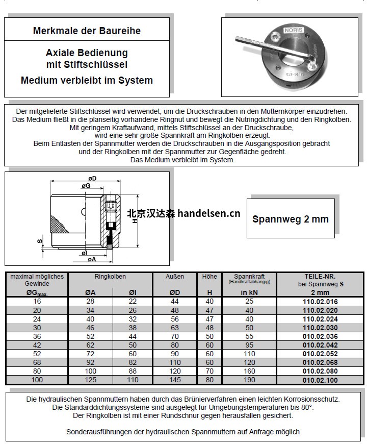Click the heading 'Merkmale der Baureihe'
[x=87, y=31]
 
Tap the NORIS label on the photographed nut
[x=294, y=31]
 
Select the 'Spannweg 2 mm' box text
[x=291, y=219]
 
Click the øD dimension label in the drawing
[x=93, y=178]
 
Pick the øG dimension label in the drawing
[x=86, y=187]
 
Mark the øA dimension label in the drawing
[x=92, y=259]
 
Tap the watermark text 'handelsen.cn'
[x=209, y=213]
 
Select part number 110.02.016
[x=320, y=302]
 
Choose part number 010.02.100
[x=320, y=380]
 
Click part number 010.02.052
[x=320, y=354]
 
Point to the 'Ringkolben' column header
[x=110, y=277]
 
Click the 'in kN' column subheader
[x=249, y=292]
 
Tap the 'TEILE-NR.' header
[x=320, y=276]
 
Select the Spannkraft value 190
[x=249, y=380]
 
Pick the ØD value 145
[x=175, y=380]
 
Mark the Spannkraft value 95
[x=249, y=345]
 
